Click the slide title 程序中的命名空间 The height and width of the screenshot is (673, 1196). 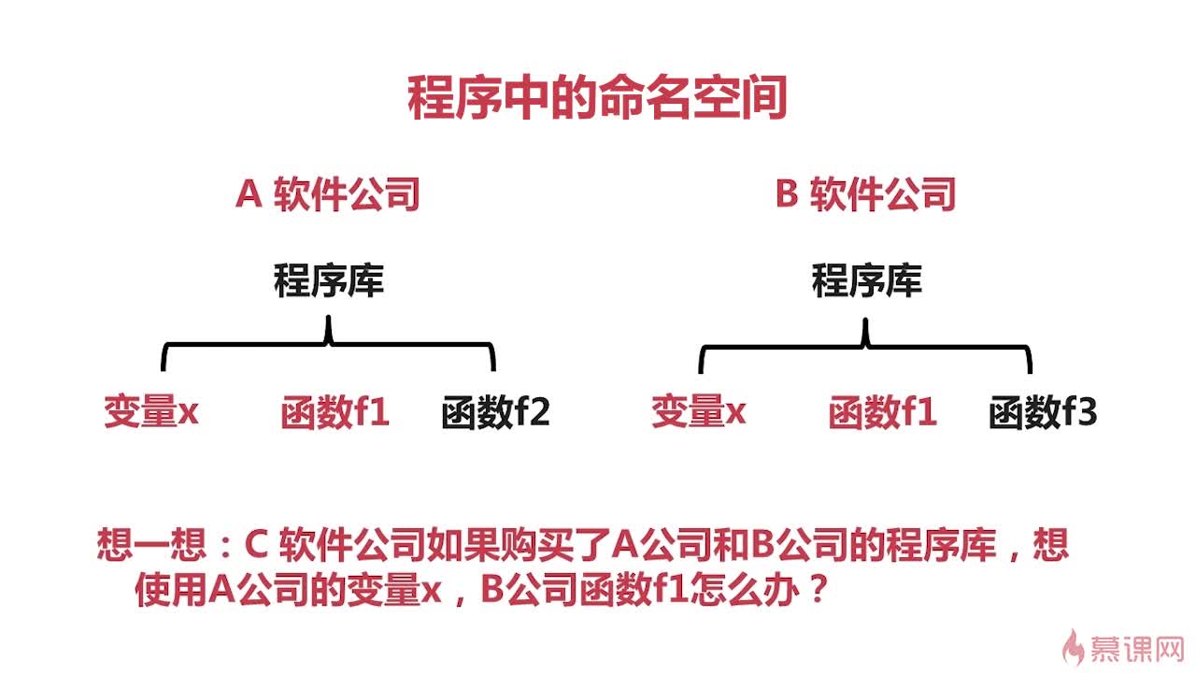click(597, 98)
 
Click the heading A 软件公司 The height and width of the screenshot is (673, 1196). click(328, 195)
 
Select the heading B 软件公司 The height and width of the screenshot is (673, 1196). click(866, 195)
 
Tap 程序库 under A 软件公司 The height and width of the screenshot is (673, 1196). click(328, 280)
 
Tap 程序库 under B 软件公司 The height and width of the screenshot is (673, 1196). click(866, 280)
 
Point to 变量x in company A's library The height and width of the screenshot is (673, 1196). click(151, 411)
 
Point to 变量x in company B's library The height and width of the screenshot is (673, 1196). click(699, 411)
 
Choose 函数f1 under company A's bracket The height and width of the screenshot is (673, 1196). click(335, 412)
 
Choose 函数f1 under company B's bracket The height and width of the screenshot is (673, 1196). click(882, 412)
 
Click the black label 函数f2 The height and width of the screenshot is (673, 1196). click(496, 412)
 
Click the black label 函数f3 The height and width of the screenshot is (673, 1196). click(1043, 412)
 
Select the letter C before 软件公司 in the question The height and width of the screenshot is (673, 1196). click(256, 544)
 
